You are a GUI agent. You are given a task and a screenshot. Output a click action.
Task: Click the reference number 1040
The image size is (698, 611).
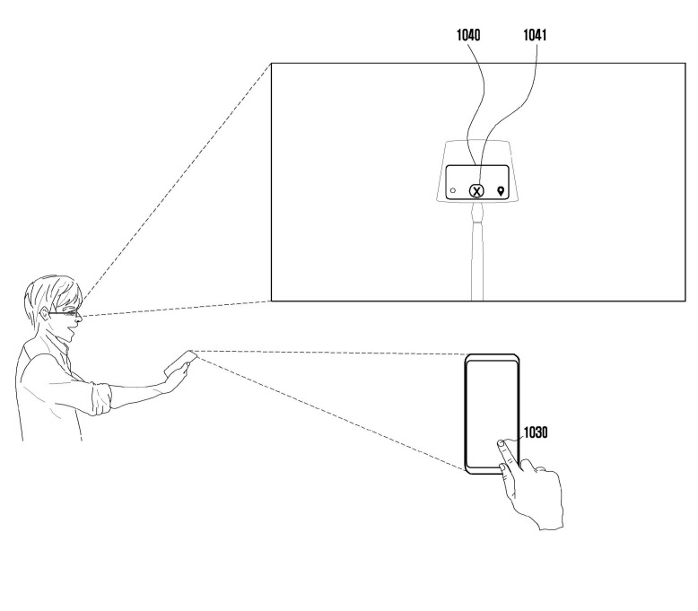tap(467, 39)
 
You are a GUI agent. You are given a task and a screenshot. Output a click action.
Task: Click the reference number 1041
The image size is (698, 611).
tap(537, 39)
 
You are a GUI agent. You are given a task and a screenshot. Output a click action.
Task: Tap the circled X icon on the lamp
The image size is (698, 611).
tap(477, 190)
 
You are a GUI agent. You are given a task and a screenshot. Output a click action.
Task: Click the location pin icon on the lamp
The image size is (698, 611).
tap(501, 190)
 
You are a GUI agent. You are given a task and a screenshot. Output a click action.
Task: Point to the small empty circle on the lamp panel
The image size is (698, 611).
tap(454, 191)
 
